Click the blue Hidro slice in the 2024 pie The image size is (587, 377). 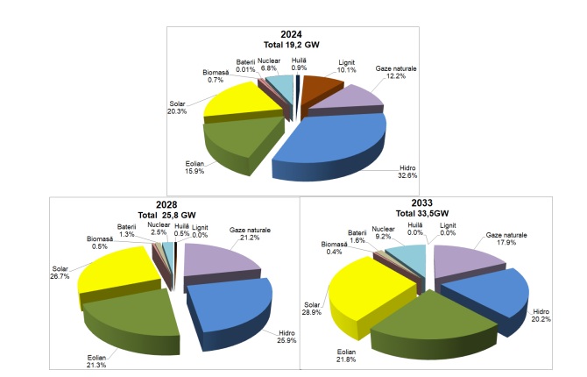[x=329, y=140]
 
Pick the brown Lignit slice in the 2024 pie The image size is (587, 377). [x=320, y=89]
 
